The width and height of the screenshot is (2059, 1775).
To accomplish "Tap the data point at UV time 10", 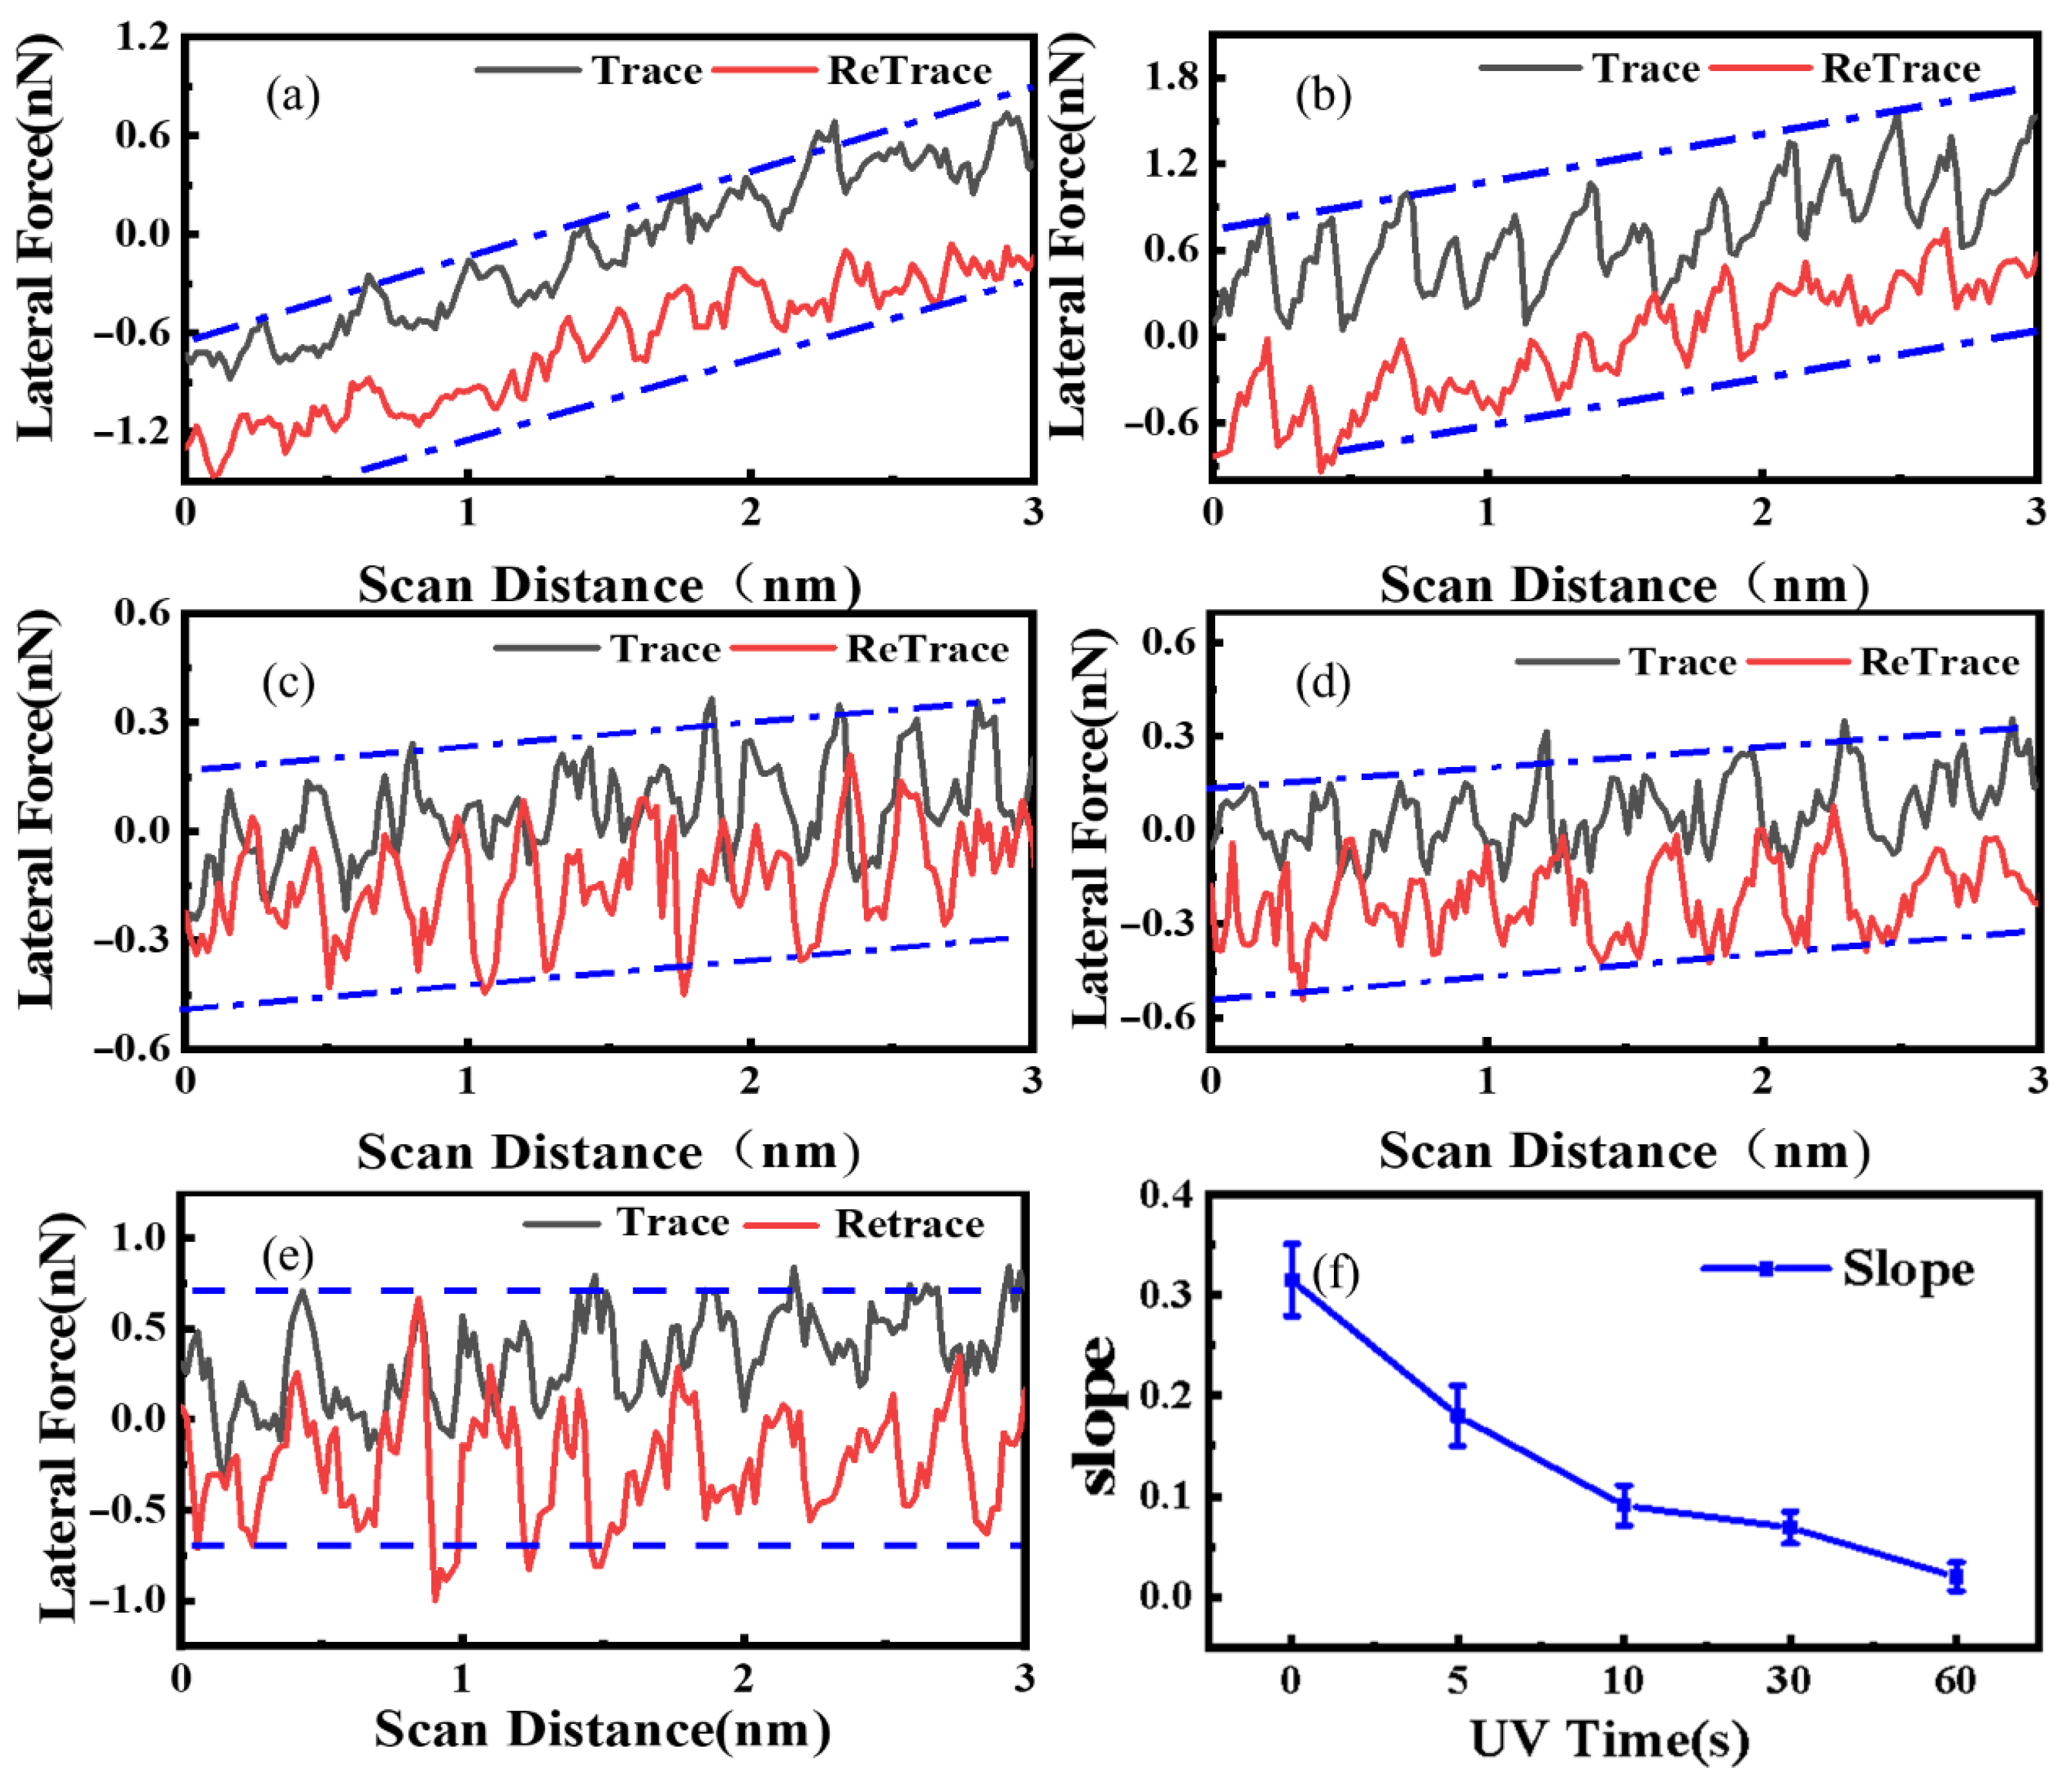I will tap(1624, 1506).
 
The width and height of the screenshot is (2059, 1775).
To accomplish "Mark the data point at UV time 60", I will tap(1956, 1575).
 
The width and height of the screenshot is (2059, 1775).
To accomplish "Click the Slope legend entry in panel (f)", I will tap(1906, 1269).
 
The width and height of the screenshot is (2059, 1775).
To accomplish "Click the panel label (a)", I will tap(292, 96).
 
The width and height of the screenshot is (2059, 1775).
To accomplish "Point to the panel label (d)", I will tap(1323, 684).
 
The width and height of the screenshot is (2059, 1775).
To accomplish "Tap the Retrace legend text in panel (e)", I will tap(908, 1224).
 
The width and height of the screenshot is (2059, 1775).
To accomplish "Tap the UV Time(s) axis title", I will tap(1609, 1739).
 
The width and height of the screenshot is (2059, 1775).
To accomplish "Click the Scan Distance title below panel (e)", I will tap(602, 1730).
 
